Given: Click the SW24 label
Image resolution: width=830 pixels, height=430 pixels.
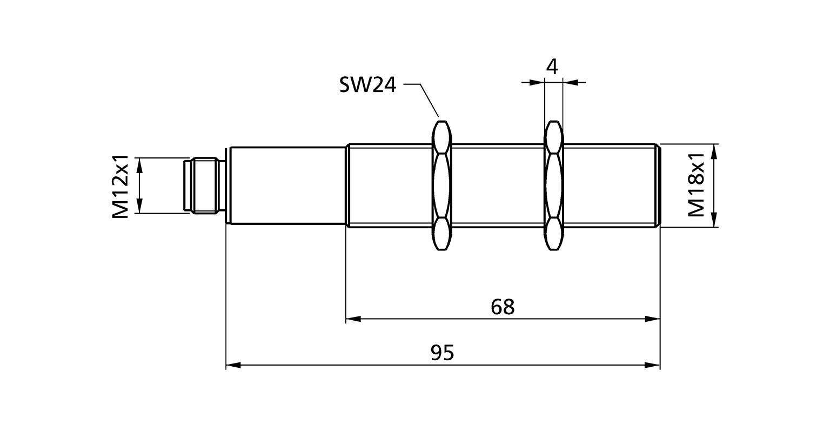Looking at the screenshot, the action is pyautogui.click(x=367, y=85).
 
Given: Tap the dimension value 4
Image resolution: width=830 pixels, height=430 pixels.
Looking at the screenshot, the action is pyautogui.click(x=552, y=67).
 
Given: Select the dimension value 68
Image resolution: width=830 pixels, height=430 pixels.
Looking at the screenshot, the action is pyautogui.click(x=503, y=307).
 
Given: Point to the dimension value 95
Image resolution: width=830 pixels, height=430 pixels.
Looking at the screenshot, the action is pyautogui.click(x=443, y=353).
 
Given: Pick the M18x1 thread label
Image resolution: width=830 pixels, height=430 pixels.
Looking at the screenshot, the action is pyautogui.click(x=697, y=185).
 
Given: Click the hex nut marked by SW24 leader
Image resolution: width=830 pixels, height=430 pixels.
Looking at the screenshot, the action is pyautogui.click(x=441, y=186).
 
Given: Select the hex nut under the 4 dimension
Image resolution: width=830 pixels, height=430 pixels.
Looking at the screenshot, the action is pyautogui.click(x=553, y=186).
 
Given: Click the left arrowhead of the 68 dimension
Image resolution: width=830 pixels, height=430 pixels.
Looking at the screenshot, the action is pyautogui.click(x=353, y=319).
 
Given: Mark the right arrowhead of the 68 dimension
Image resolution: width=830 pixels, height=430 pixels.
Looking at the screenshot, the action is pyautogui.click(x=653, y=319).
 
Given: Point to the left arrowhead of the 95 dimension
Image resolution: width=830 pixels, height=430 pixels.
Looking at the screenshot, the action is pyautogui.click(x=233, y=365).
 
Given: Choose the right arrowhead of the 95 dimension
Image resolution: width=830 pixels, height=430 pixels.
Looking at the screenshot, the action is pyautogui.click(x=653, y=365).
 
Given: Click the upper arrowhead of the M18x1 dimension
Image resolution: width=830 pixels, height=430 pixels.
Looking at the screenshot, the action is pyautogui.click(x=715, y=151).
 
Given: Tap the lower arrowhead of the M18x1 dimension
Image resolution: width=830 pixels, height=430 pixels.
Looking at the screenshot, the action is pyautogui.click(x=715, y=219).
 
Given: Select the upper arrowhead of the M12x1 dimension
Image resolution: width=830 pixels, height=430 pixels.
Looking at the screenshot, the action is pyautogui.click(x=140, y=166).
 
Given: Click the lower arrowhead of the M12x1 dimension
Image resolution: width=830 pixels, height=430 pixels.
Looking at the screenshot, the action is pyautogui.click(x=140, y=206).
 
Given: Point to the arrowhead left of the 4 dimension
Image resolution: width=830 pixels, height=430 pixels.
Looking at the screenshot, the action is pyautogui.click(x=537, y=82).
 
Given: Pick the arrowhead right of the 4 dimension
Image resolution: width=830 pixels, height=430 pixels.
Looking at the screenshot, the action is pyautogui.click(x=571, y=82).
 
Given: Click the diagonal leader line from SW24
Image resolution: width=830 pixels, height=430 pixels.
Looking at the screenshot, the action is pyautogui.click(x=430, y=100).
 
